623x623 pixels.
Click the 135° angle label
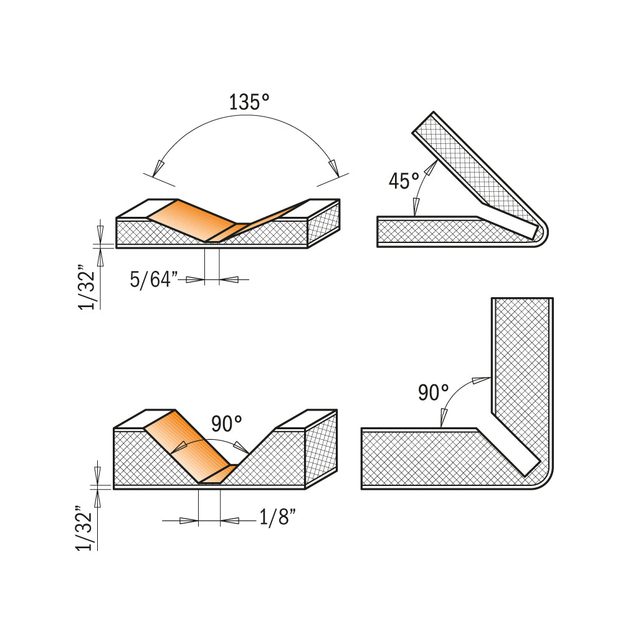point(249,102)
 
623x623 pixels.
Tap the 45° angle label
point(404,181)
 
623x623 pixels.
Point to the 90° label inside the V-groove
point(226,425)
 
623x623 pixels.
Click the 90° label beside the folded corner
point(433,392)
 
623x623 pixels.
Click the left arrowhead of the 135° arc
point(159,166)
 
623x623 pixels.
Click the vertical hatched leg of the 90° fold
point(521,374)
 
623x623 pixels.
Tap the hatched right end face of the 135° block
point(323,223)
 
